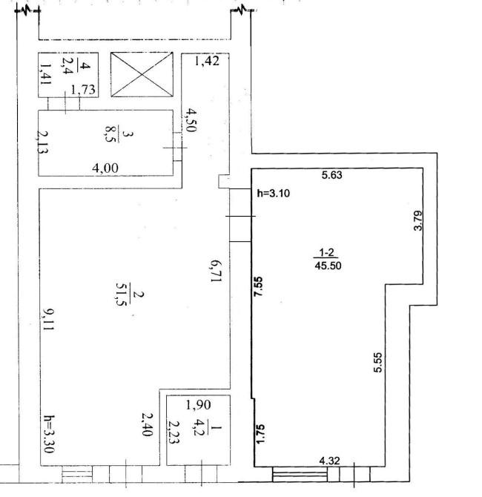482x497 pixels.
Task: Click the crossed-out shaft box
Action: (142, 74)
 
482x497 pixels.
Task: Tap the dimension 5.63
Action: (331, 175)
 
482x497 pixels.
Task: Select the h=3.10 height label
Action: (273, 193)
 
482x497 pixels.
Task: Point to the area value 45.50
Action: (328, 266)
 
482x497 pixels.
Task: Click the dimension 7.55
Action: (259, 286)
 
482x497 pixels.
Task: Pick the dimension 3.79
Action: (418, 220)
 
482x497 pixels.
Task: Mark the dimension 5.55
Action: (378, 362)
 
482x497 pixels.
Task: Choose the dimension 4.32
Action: (329, 461)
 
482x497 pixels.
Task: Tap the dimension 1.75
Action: (260, 434)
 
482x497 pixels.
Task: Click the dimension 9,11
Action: (48, 320)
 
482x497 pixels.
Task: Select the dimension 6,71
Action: (216, 271)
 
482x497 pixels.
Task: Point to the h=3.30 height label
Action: (49, 434)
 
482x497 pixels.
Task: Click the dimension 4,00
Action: (105, 168)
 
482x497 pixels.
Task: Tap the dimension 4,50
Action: (191, 120)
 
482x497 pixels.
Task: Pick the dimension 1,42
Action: (207, 60)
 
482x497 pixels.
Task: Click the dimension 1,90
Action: (199, 405)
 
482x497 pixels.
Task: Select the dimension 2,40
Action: (148, 425)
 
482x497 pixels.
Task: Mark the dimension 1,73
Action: (83, 90)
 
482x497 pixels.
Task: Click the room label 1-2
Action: (326, 253)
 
